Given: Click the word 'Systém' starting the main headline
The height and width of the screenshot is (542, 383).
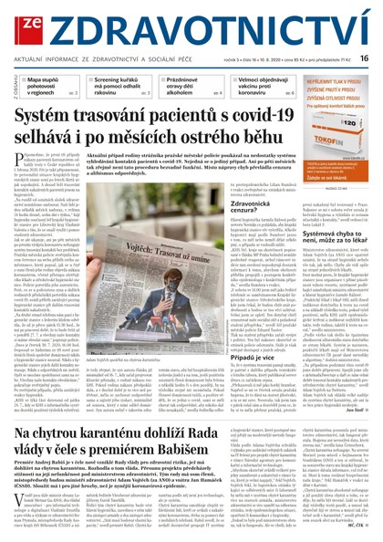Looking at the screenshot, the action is (x=58, y=115).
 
